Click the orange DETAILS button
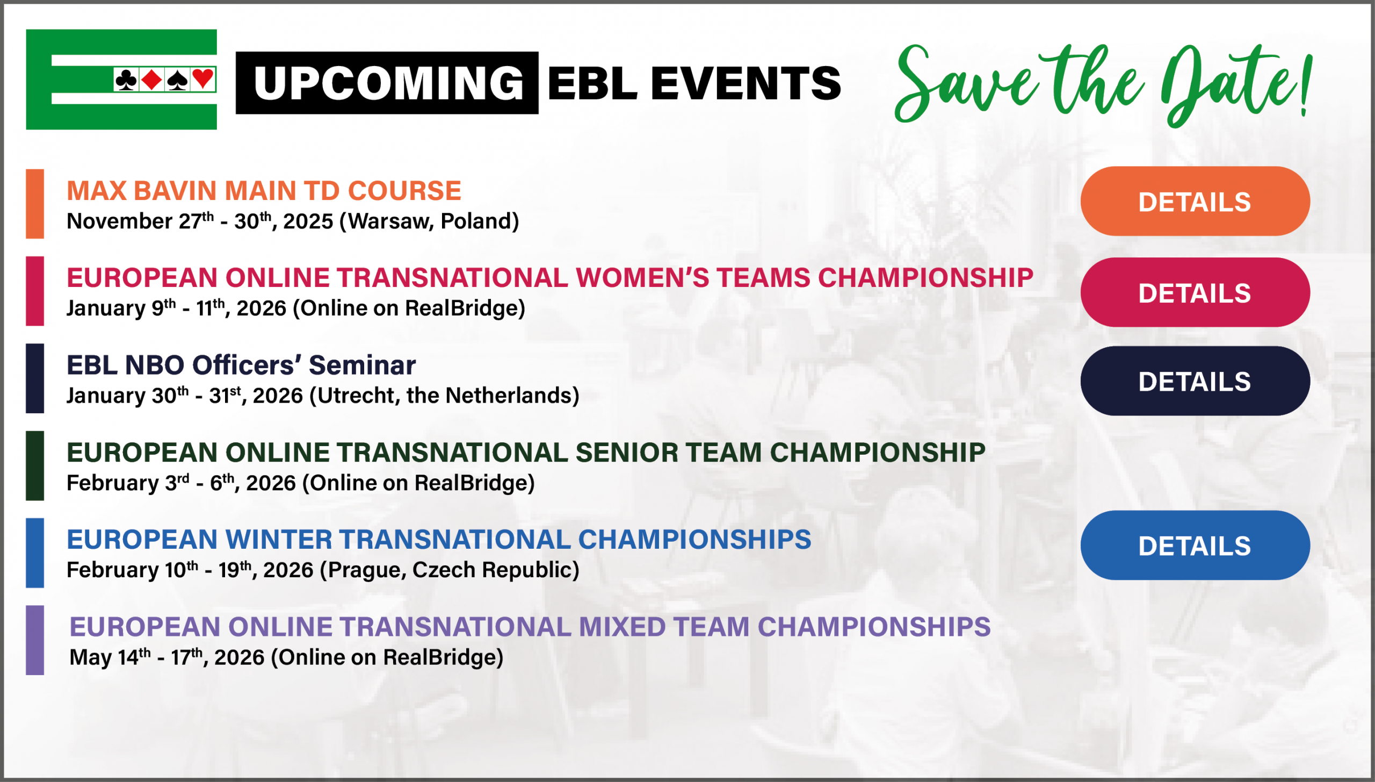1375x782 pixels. pyautogui.click(x=1195, y=201)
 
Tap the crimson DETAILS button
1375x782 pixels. pyautogui.click(x=1195, y=292)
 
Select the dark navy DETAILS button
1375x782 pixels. pyautogui.click(x=1195, y=381)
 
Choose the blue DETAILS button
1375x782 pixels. pyautogui.click(x=1195, y=545)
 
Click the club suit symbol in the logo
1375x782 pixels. pyautogui.click(x=126, y=80)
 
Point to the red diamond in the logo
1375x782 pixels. pyautogui.click(x=152, y=80)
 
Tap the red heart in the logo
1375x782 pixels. pyautogui.click(x=203, y=79)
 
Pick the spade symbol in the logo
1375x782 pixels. pyautogui.click(x=177, y=80)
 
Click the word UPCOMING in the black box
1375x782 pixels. pyautogui.click(x=388, y=83)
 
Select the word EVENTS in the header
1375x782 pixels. pyautogui.click(x=746, y=83)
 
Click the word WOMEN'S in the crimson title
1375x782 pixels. pyautogui.click(x=642, y=278)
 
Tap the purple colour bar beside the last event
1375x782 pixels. pyautogui.click(x=35, y=640)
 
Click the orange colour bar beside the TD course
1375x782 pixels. pyautogui.click(x=35, y=204)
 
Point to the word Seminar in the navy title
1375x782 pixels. pyautogui.click(x=362, y=365)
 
